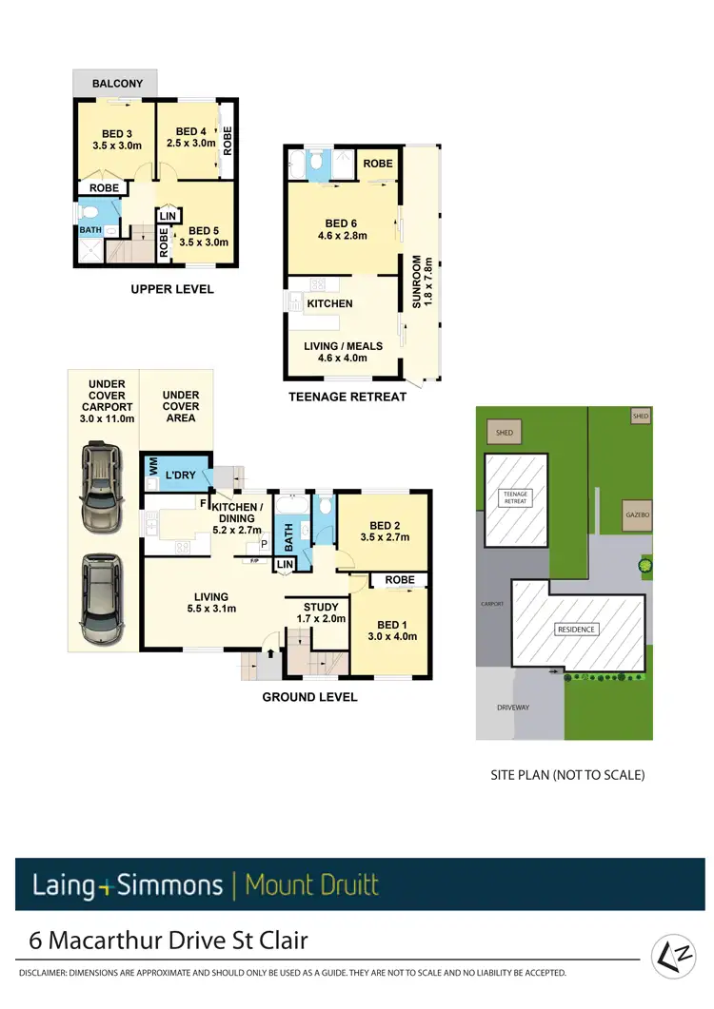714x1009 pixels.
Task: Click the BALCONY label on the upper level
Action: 118,84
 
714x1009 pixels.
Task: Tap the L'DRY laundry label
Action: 181,474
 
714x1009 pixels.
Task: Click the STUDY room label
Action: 320,607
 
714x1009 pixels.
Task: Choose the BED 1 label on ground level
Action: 391,624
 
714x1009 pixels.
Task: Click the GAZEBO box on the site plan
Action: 637,514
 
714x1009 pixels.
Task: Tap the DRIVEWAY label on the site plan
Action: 513,708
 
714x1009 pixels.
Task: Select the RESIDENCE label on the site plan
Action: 576,630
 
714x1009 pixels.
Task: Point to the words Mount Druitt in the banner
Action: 311,885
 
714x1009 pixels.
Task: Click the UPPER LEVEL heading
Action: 172,289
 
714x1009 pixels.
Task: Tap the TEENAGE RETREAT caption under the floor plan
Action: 347,397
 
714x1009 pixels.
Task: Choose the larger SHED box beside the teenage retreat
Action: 504,433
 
